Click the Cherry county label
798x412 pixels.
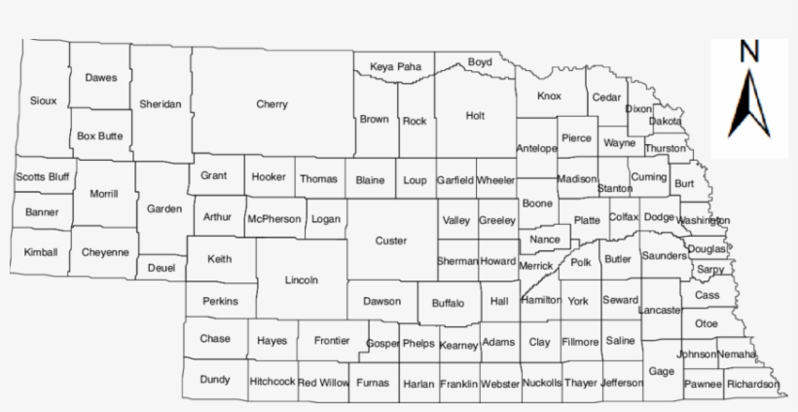tap(272, 104)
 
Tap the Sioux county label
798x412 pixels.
tap(44, 100)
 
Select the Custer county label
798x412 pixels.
tap(391, 241)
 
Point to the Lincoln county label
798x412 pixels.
tap(302, 281)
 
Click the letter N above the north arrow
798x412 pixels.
tap(749, 52)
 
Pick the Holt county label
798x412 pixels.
tap(475, 115)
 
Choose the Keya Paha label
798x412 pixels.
tap(396, 66)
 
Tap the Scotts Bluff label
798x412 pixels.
tap(42, 177)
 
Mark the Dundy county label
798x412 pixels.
tap(215, 379)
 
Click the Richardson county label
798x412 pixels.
tap(752, 384)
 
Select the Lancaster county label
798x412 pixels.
tap(659, 310)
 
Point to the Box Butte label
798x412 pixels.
tap(100, 136)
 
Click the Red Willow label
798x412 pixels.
tap(323, 383)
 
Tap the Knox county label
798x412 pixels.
tap(550, 96)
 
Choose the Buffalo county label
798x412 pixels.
tap(448, 303)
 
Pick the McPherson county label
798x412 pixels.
tap(273, 219)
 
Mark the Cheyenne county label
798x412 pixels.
tap(105, 252)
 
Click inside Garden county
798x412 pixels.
tap(163, 208)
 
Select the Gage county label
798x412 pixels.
tap(661, 371)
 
